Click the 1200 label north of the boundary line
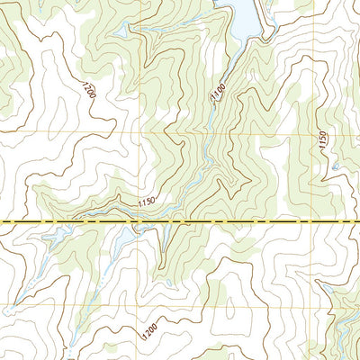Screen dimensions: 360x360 [x=87, y=90]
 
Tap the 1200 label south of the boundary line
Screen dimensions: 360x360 [x=148, y=330]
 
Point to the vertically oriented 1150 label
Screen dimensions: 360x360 [x=322, y=141]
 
